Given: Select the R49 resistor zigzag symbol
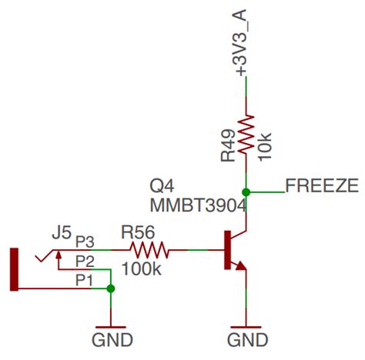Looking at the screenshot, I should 246,135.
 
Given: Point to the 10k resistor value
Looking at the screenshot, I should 265,145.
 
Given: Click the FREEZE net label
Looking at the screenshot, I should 321,185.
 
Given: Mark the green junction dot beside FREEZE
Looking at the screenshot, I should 246,192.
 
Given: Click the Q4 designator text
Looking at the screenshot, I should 162,186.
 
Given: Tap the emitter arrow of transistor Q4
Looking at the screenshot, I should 240,265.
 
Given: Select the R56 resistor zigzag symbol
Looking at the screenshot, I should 149,250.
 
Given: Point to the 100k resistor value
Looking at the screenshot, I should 141,270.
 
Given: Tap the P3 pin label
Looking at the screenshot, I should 85,242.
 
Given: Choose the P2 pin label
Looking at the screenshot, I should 85,261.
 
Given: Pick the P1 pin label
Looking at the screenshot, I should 85,280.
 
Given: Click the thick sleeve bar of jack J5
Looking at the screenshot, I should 13,269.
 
